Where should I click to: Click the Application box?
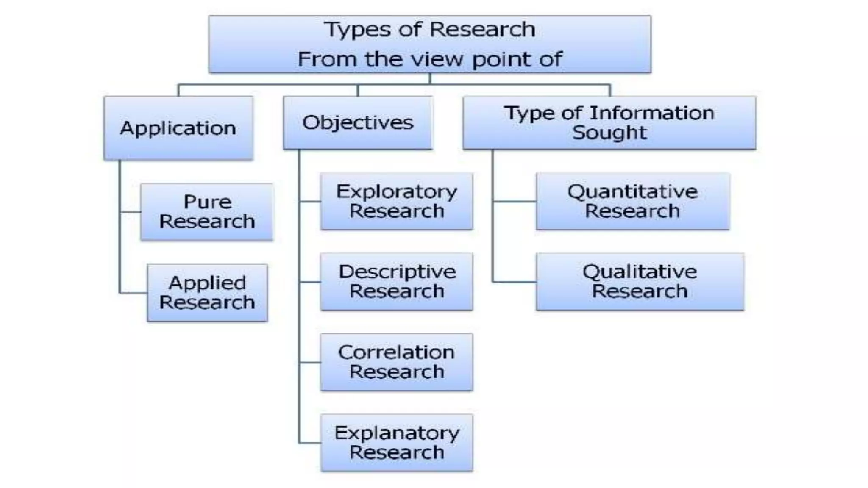(x=178, y=128)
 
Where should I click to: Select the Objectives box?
(x=358, y=123)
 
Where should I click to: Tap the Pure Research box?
(x=207, y=212)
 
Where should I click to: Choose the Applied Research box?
(x=207, y=293)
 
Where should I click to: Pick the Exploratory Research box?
(x=396, y=201)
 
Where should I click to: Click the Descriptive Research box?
(x=396, y=282)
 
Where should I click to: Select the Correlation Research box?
(x=396, y=362)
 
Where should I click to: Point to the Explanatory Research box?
(x=396, y=443)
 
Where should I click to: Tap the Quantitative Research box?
(x=632, y=201)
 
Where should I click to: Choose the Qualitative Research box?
(x=640, y=282)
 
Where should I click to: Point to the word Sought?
(x=609, y=133)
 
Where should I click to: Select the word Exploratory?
(x=396, y=192)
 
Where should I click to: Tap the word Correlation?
(x=396, y=352)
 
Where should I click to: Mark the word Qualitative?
(x=640, y=272)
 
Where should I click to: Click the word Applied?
(x=207, y=283)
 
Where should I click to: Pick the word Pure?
(x=207, y=202)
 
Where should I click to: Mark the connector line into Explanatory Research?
(x=310, y=443)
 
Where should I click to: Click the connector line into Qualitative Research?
(x=514, y=282)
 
